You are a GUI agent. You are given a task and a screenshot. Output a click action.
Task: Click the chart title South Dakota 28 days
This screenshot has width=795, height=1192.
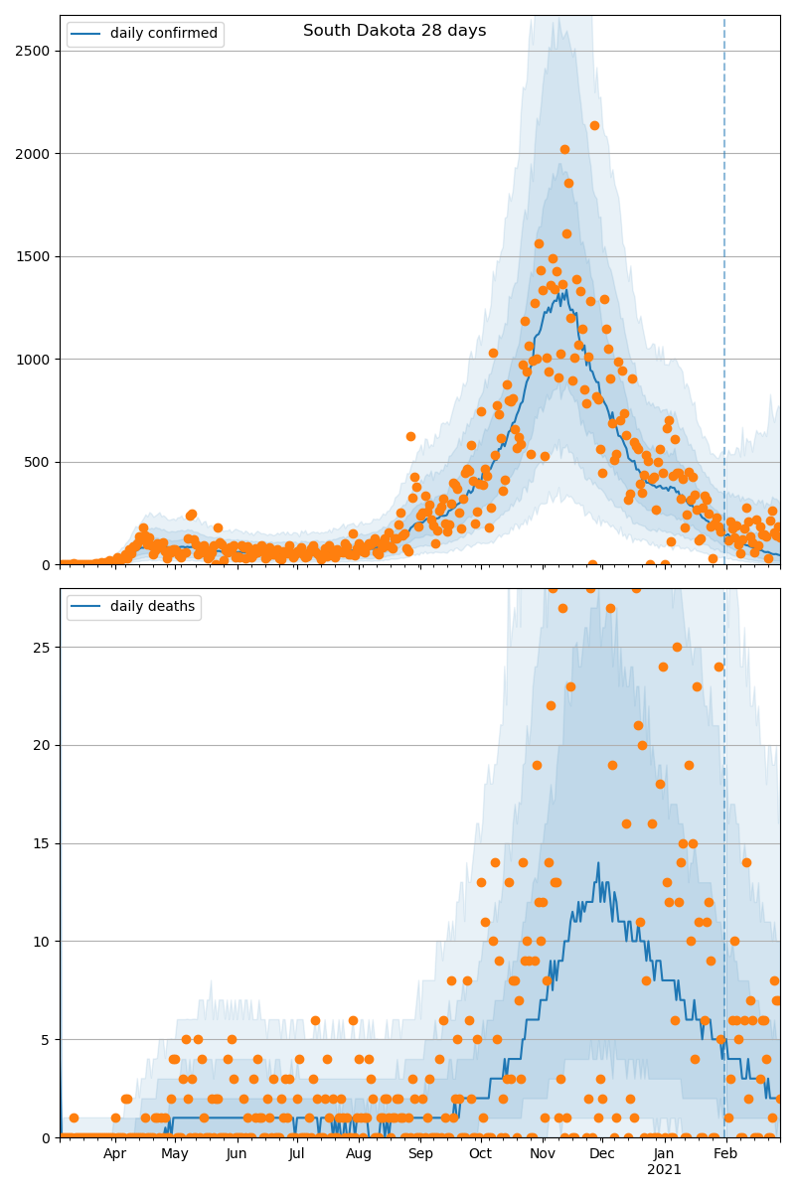(395, 31)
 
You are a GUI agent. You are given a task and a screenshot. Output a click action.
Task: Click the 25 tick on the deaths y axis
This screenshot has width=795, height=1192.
(41, 647)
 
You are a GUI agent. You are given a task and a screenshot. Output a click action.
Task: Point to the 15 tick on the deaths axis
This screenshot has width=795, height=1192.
(41, 843)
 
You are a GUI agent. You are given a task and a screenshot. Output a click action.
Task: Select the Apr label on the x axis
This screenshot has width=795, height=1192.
(114, 1153)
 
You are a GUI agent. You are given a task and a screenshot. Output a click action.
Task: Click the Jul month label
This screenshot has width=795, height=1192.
(297, 1153)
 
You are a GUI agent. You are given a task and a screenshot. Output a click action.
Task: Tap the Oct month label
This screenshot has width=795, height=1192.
(480, 1153)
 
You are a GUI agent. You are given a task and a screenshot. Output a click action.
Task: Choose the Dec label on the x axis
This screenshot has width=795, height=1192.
(602, 1153)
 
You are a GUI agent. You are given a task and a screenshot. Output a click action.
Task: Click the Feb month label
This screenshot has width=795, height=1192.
(725, 1153)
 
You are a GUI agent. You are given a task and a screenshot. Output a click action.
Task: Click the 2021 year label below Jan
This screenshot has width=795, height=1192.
(664, 1170)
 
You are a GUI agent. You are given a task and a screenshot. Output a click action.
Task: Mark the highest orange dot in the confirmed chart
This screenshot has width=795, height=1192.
(594, 125)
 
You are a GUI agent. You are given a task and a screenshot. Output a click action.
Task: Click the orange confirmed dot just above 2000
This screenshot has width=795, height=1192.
(564, 150)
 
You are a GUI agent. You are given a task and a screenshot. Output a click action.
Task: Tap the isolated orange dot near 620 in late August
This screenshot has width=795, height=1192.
(410, 436)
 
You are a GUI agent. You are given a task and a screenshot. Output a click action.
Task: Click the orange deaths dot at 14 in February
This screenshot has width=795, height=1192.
(746, 862)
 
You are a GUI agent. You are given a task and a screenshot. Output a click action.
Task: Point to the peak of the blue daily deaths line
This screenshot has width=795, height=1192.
(598, 863)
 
